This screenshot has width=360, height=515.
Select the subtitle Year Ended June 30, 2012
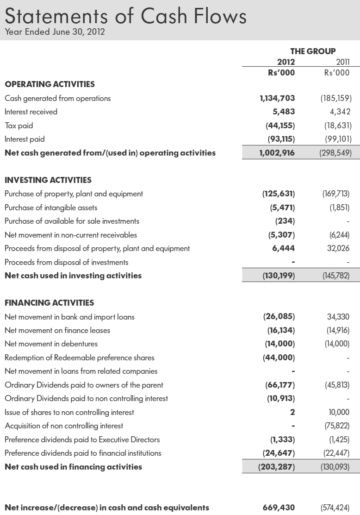coord(55,32)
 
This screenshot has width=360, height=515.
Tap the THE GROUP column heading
coord(312,51)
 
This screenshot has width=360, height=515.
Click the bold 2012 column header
coord(286,62)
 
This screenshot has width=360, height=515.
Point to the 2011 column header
coord(342,62)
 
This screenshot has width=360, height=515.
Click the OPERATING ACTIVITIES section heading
coord(50,84)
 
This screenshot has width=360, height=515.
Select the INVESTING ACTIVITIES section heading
coord(48,180)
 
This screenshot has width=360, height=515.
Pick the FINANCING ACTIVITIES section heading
coord(49,303)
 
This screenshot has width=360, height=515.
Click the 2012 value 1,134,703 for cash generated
coord(277,98)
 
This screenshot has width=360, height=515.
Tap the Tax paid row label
coord(19,126)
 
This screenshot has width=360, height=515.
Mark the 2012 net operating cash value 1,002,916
coord(277,153)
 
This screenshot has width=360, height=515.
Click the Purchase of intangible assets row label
coord(51,207)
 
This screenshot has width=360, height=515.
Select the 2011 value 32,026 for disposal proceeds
coord(338,248)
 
